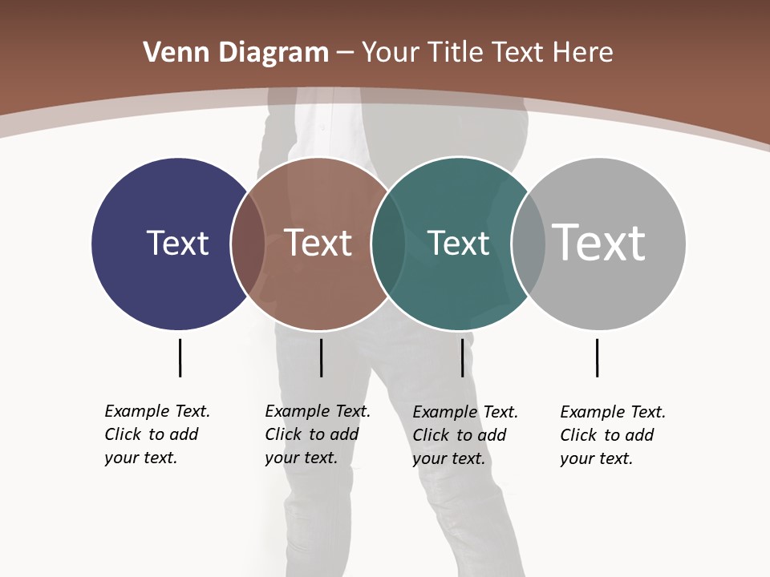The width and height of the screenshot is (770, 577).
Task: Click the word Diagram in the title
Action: [273, 53]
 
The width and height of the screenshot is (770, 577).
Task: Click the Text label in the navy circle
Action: [177, 243]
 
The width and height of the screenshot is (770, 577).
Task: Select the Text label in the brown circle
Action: [318, 243]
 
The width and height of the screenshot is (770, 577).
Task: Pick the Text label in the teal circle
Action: [458, 243]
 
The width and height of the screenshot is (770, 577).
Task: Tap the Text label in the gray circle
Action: [598, 243]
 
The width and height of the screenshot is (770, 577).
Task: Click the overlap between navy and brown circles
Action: [248, 243]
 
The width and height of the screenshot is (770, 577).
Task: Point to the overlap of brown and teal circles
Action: [388, 243]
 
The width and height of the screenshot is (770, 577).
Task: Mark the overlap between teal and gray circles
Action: [529, 243]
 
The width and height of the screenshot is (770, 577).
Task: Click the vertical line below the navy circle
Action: [180, 357]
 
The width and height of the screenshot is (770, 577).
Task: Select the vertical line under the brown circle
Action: [321, 357]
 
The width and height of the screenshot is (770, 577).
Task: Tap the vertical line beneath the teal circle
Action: [462, 357]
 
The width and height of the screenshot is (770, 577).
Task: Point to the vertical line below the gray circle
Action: [597, 357]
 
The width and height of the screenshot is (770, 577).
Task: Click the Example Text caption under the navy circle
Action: [157, 434]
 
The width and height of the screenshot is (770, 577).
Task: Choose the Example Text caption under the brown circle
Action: [318, 434]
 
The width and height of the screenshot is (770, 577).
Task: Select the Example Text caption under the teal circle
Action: [465, 435]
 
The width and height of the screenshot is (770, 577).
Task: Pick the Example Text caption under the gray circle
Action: [613, 435]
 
